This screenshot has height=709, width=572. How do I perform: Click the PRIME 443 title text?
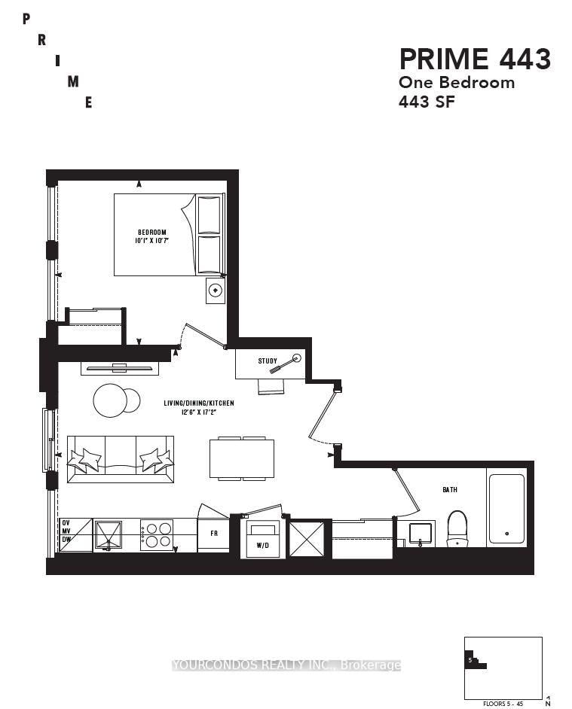(x=474, y=59)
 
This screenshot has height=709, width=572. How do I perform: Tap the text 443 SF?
(x=427, y=102)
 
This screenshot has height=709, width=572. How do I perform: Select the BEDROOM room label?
(x=151, y=232)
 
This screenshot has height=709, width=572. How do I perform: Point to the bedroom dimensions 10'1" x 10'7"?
(x=151, y=242)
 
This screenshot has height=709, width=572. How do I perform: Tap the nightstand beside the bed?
(x=216, y=290)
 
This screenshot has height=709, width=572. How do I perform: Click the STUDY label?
(x=268, y=361)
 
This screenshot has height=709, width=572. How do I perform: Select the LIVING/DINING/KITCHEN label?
(x=199, y=403)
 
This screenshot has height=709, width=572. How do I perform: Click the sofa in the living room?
(x=121, y=459)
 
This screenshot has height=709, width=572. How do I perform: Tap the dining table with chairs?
(x=242, y=458)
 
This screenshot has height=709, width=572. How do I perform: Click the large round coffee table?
(x=109, y=400)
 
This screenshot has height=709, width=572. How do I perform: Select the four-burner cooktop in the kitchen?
(x=157, y=534)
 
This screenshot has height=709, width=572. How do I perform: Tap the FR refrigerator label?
(x=213, y=535)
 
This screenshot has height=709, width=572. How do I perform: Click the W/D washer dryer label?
(x=262, y=545)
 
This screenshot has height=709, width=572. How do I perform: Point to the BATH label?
(x=449, y=489)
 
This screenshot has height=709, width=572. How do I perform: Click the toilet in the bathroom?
(x=457, y=528)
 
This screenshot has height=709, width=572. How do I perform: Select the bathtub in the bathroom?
(x=506, y=508)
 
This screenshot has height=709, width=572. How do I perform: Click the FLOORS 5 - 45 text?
(x=503, y=704)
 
